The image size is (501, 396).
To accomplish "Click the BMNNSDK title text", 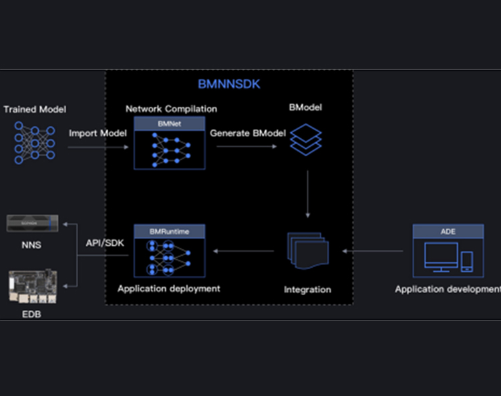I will coord(229,85).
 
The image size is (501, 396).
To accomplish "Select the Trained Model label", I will coord(35,109).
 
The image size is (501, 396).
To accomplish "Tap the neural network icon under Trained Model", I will coord(35,143).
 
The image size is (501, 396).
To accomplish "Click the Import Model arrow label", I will coord(98,133).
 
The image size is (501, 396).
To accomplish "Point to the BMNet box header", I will coord(169,123).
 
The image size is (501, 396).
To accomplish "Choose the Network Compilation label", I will coord(171,109).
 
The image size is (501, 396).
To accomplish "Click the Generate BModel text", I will coord(248,133).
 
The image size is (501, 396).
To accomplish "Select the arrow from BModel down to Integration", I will coord(307,194).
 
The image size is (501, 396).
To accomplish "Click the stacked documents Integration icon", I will coord(307,250).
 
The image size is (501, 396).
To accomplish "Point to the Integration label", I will coord(307,289).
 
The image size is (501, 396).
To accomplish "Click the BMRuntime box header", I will coord(170,231).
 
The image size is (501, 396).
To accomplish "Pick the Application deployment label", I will coord(169,288).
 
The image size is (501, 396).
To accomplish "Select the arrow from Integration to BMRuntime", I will coord(244,251).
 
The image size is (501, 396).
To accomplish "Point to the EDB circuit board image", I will coord(31,285).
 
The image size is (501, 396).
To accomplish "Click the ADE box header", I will coord(448,231).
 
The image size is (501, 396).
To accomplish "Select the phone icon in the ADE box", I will coord(467,261).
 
